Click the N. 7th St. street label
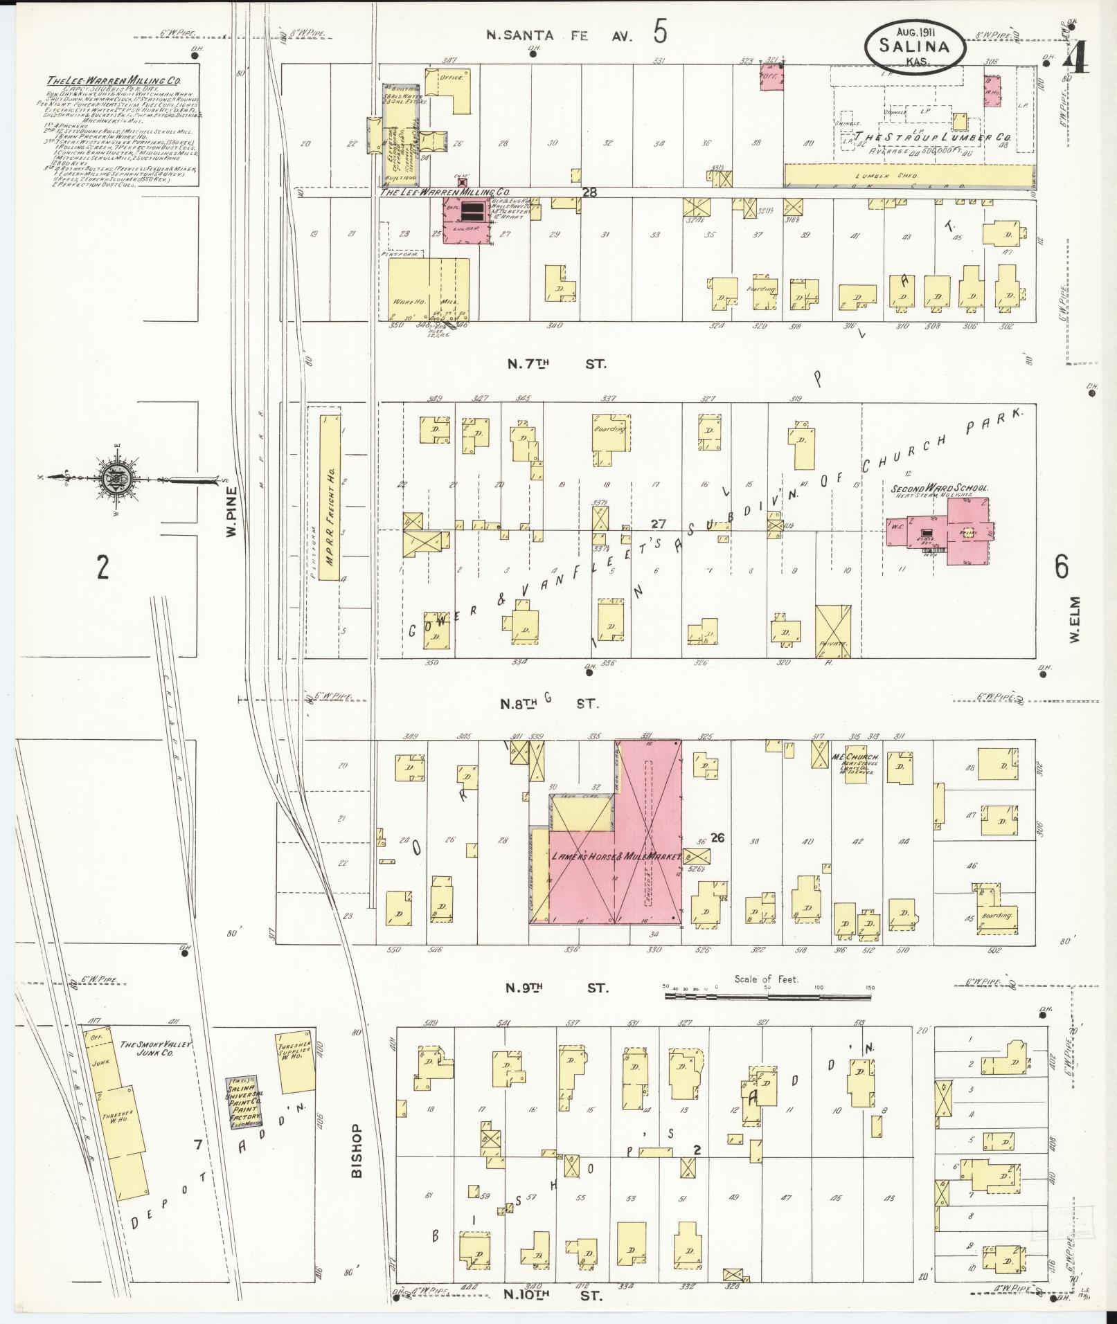pos(557,363)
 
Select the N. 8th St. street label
pos(551,704)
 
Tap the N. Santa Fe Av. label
pos(560,36)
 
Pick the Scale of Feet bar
pos(767,997)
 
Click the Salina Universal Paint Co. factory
pos(244,1103)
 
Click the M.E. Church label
pos(855,757)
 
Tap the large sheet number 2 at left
pos(103,568)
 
